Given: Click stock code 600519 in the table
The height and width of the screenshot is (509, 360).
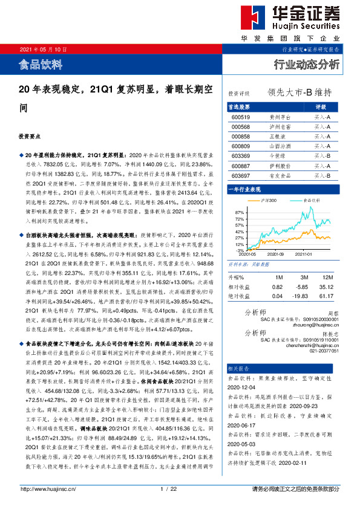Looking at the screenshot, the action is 241,117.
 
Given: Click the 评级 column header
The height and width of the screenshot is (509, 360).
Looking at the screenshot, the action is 321,107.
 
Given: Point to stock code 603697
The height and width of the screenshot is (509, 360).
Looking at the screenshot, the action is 241,175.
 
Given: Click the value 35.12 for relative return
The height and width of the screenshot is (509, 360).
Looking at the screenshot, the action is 328,287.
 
